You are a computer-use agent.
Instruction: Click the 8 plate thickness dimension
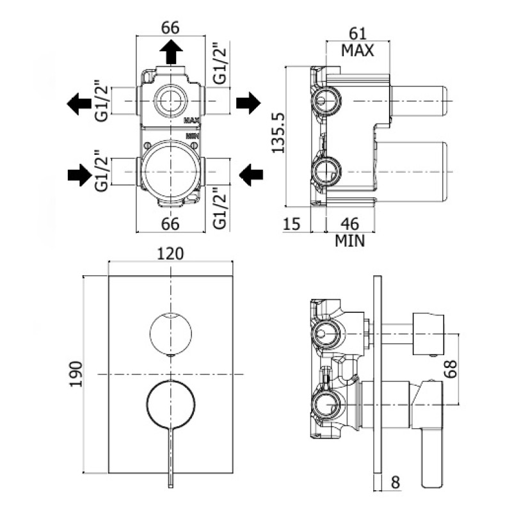point(395,481)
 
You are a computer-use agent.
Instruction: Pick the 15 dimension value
point(292,223)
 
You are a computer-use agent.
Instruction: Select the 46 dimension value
point(349,223)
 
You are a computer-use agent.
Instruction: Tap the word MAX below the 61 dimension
point(357,50)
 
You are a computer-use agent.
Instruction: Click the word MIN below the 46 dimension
point(349,241)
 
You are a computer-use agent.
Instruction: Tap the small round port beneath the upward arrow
point(170,100)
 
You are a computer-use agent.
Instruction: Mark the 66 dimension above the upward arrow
point(170,28)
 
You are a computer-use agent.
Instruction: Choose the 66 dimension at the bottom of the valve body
point(170,223)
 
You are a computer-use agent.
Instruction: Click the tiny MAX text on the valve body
point(193,120)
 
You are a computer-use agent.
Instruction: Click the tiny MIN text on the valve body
point(192,136)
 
